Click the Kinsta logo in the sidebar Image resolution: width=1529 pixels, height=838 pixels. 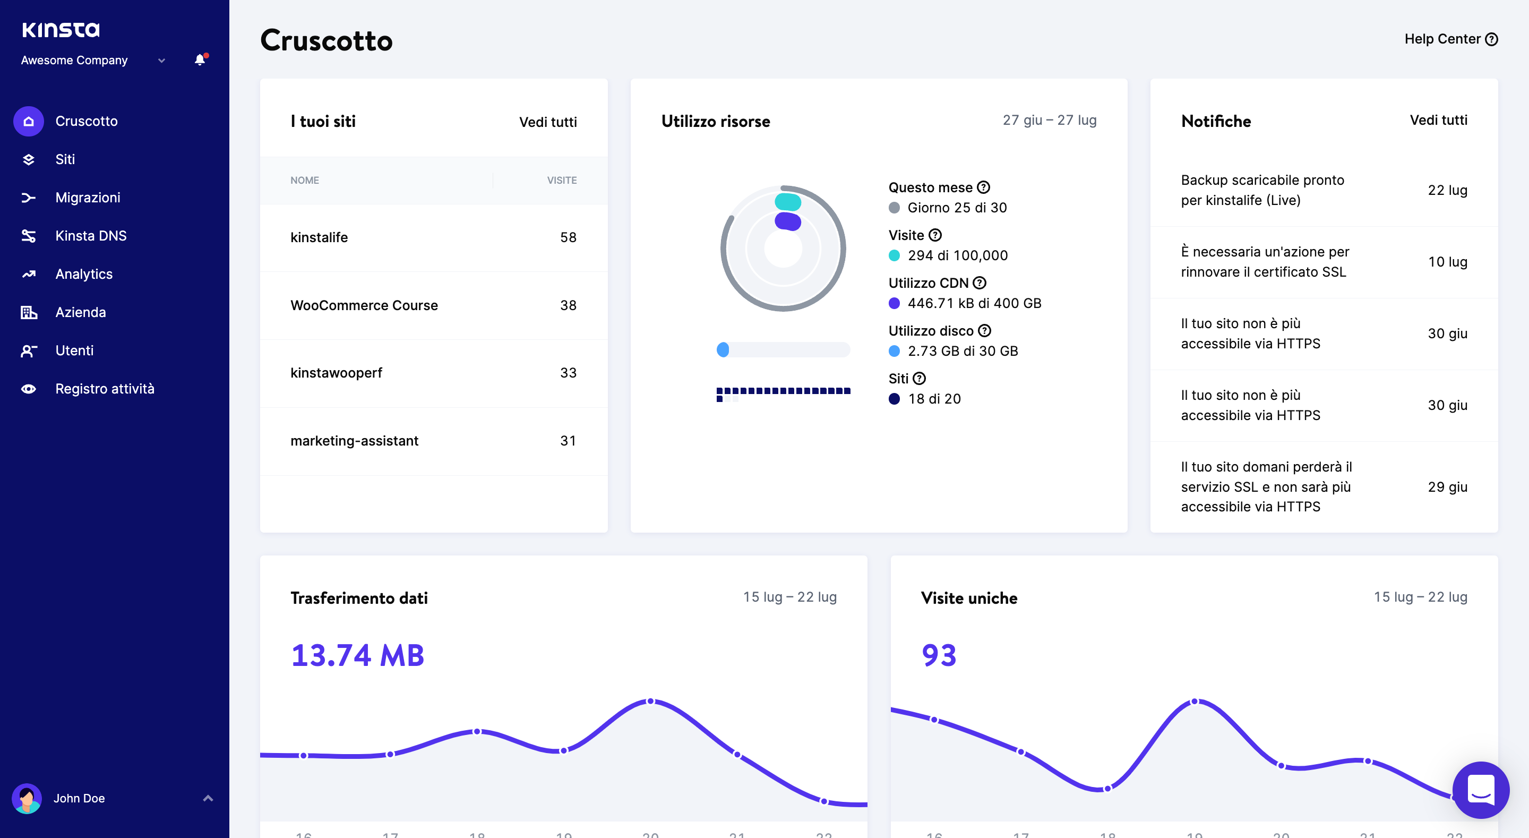(x=61, y=30)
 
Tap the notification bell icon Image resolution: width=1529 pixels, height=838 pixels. (x=200, y=60)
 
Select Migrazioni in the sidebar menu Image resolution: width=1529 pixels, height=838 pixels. (x=87, y=198)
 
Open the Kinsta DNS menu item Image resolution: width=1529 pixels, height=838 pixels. (x=90, y=236)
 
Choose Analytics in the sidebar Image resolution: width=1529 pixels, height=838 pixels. (x=84, y=274)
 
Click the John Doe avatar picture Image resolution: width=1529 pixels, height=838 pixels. (x=27, y=798)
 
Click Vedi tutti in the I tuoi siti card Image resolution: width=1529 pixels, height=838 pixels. (x=547, y=122)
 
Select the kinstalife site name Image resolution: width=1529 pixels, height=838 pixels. (x=319, y=237)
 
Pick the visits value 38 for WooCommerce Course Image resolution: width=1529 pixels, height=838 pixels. (x=568, y=305)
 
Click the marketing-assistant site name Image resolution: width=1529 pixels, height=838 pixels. (x=354, y=441)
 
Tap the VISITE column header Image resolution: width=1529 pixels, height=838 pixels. (x=562, y=181)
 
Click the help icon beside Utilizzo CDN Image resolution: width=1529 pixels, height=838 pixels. (x=980, y=283)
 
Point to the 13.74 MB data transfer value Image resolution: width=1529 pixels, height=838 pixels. (x=357, y=656)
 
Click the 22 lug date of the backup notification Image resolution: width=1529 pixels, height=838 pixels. (x=1447, y=190)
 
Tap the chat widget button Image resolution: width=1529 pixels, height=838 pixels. (x=1480, y=789)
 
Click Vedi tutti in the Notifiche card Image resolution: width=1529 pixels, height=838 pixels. (x=1438, y=121)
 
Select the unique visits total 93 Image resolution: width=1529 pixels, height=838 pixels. (x=939, y=656)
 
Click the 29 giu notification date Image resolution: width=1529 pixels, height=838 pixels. (x=1447, y=487)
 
